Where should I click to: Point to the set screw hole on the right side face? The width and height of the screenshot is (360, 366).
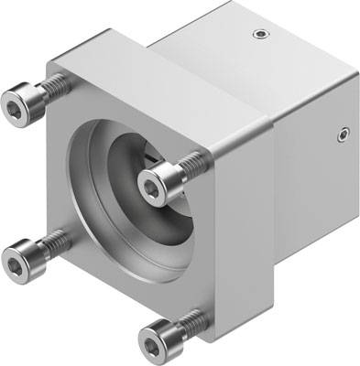pyautogui.click(x=343, y=135)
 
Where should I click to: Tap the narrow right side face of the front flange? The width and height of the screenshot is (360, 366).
pyautogui.click(x=235, y=210)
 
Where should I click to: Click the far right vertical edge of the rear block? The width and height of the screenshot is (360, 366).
pyautogui.click(x=355, y=156)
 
